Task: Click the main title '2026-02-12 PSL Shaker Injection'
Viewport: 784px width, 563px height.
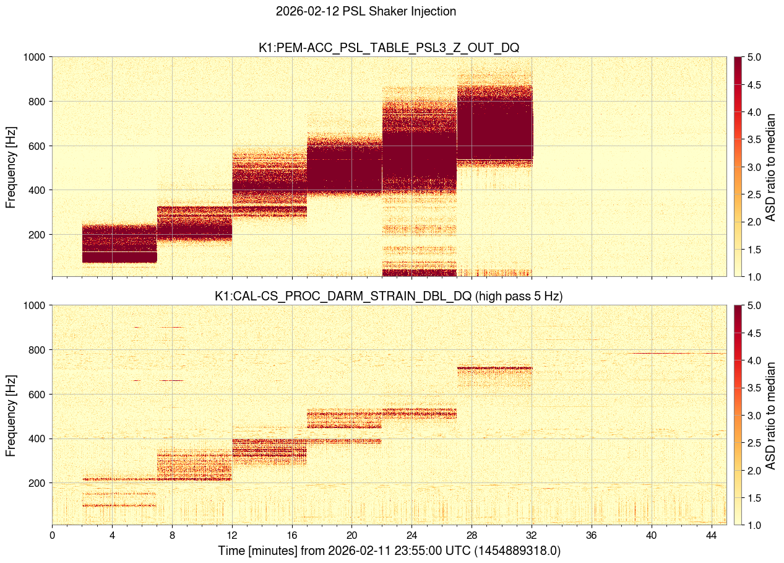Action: [x=366, y=11]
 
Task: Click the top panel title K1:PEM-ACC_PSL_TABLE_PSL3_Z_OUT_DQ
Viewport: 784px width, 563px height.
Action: [x=389, y=48]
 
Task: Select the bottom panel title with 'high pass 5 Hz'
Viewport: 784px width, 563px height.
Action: [x=389, y=296]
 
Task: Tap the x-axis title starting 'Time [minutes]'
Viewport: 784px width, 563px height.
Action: [x=389, y=551]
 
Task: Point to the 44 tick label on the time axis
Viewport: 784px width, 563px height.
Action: [x=712, y=535]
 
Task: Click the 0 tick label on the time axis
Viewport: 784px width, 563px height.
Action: [x=52, y=535]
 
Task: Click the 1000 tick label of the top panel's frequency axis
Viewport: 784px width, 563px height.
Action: [x=35, y=57]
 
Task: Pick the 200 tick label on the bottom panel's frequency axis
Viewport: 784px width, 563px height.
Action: [x=38, y=483]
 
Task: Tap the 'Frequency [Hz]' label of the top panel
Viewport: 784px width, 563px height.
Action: [x=11, y=167]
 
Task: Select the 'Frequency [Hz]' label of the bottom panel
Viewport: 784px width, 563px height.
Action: [x=11, y=415]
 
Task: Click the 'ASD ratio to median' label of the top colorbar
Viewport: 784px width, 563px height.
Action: [x=771, y=167]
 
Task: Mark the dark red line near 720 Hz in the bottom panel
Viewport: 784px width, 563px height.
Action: [x=494, y=368]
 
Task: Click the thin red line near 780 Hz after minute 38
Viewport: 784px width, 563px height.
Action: [x=674, y=353]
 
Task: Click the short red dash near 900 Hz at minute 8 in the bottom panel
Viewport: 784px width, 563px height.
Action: [x=172, y=327]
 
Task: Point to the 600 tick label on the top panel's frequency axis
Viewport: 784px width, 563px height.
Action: [x=38, y=146]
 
